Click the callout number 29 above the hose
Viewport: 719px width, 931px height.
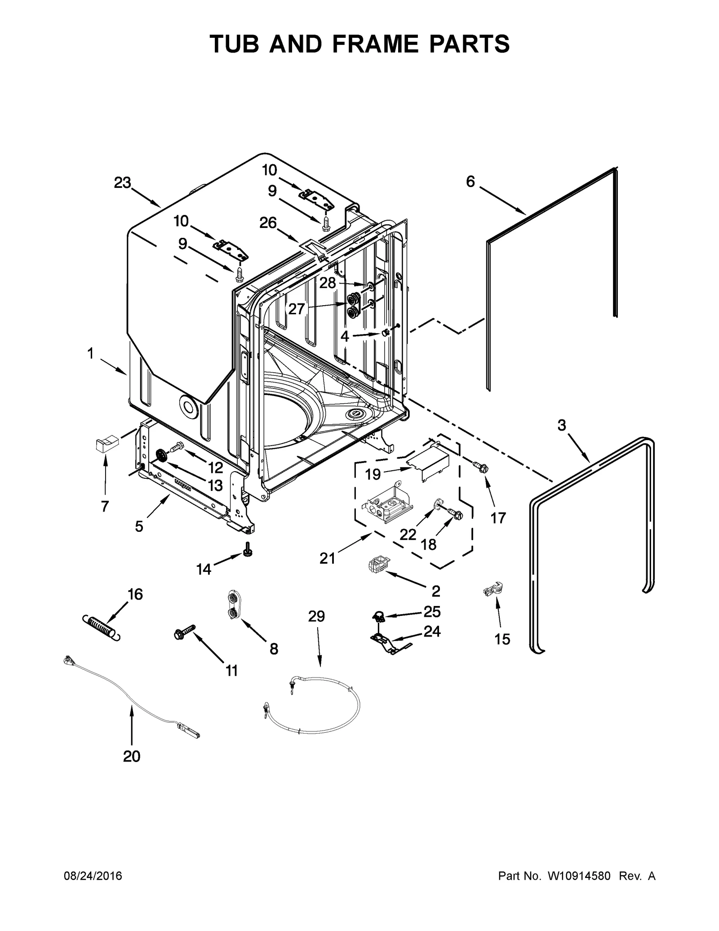316,616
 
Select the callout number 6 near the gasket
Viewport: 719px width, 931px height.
470,182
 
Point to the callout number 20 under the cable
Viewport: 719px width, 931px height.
132,757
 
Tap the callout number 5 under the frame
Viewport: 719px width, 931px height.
139,526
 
